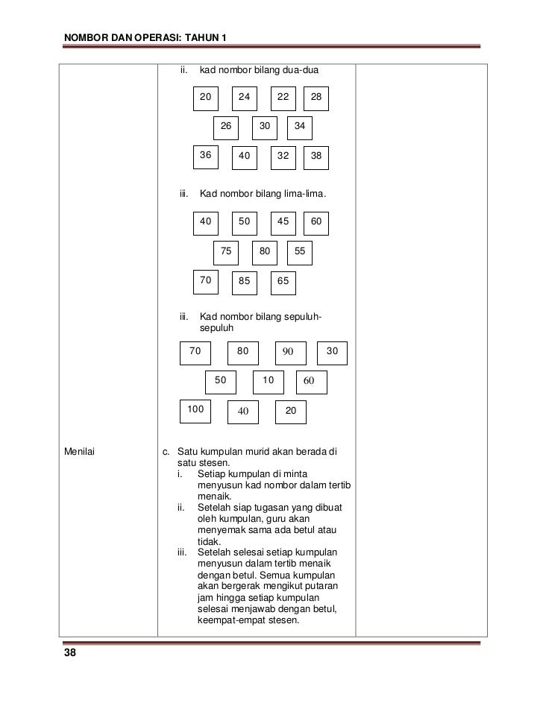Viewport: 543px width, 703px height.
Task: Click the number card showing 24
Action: [244, 98]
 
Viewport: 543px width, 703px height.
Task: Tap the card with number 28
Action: [317, 98]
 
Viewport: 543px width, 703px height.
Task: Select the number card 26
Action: [226, 127]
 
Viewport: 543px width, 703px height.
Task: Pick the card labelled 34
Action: [300, 127]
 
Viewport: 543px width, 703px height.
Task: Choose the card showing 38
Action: [317, 157]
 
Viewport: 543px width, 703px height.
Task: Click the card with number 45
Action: [283, 222]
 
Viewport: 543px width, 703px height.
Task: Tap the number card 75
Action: [226, 253]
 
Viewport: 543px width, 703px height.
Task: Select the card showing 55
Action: [300, 253]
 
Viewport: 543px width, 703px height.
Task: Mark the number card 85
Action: [244, 282]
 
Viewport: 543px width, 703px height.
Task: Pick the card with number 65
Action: [283, 282]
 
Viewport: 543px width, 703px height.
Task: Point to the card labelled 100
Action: [196, 410]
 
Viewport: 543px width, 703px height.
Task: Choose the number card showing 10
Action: [269, 381]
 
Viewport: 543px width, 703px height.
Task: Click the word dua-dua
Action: [301, 71]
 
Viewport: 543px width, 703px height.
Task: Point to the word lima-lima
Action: [304, 195]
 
